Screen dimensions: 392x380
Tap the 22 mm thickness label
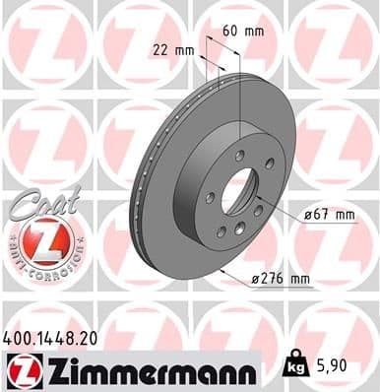(173, 48)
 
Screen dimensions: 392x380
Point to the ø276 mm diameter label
(281, 280)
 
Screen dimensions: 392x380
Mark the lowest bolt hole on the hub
(236, 232)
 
